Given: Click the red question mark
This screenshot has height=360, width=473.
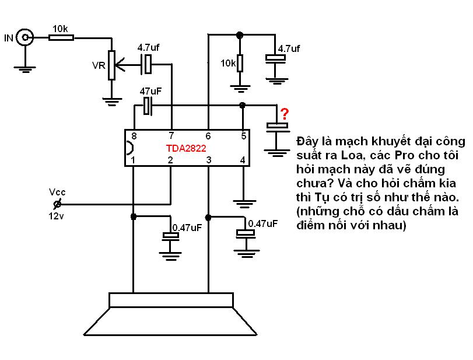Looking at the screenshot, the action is click(285, 114).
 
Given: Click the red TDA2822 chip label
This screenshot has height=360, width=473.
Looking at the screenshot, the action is click(186, 148).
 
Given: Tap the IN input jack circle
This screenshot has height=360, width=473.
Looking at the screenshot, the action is click(24, 37).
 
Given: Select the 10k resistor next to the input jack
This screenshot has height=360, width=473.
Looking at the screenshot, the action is click(61, 38).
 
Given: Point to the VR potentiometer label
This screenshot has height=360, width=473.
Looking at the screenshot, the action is click(99, 65).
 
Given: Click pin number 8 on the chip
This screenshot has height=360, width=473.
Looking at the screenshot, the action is click(134, 136).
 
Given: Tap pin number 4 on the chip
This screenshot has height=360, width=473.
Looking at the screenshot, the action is click(243, 160).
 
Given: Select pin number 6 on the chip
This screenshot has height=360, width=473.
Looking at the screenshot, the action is click(208, 136).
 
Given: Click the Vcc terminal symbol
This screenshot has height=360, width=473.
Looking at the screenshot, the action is click(57, 204).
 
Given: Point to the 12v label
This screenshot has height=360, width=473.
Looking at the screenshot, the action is click(56, 216).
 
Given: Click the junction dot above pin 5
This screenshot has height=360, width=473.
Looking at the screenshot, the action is click(242, 105).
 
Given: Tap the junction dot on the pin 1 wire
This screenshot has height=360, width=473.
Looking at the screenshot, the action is click(134, 216).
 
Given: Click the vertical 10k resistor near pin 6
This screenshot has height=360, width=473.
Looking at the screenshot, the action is click(240, 63).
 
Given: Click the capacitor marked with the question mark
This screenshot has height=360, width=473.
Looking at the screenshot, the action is click(277, 127).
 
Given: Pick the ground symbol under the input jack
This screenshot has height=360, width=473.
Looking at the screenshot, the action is click(24, 69).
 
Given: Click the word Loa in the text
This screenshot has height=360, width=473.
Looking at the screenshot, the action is click(352, 155).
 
